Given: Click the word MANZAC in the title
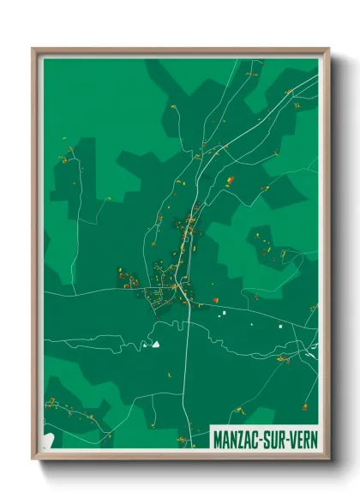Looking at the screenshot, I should click(237, 436).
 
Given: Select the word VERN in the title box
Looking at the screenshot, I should click(303, 436).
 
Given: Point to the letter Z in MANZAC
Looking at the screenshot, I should click(243, 436).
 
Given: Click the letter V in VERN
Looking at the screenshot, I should click(293, 436).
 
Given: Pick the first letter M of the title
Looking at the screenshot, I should click(218, 436).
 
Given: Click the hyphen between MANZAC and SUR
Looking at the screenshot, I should click(264, 436).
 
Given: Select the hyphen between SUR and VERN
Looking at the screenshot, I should click(288, 436).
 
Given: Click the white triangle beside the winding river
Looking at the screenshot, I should click(156, 345).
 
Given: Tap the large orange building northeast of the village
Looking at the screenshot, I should click(230, 180).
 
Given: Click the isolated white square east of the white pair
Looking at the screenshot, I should click(279, 326).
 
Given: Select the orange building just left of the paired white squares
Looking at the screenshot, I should click(215, 300).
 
